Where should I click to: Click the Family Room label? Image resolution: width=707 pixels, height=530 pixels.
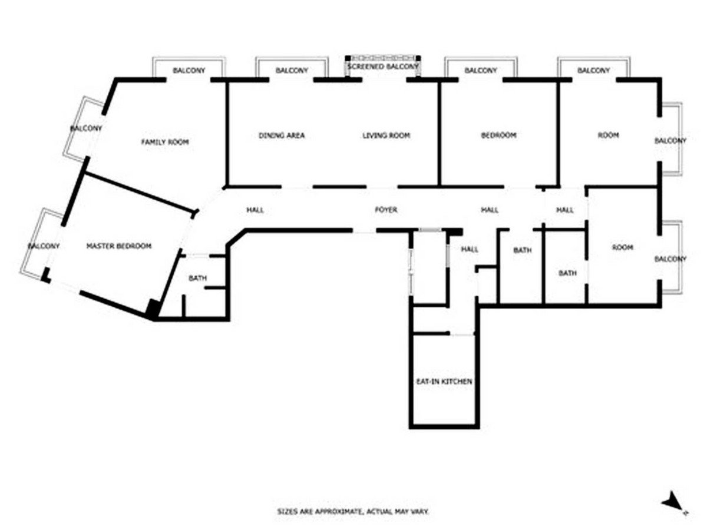[165, 142]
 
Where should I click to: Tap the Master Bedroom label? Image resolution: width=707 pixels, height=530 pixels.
[119, 246]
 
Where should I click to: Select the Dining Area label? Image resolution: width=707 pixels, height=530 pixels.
[282, 135]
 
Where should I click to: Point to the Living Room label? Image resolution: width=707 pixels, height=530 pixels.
[386, 135]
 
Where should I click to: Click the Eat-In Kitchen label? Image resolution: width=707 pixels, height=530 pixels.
[444, 382]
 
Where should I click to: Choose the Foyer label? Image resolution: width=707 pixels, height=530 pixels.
[386, 210]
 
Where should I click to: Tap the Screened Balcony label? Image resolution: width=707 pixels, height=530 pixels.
[383, 67]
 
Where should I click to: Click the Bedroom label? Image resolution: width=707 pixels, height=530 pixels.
[498, 135]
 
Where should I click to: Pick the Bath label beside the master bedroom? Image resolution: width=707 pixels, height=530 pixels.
[197, 278]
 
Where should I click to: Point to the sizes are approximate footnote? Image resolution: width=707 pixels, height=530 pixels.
[353, 511]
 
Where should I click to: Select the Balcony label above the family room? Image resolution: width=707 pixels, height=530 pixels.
[189, 70]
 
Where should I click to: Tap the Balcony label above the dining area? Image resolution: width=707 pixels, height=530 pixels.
[292, 70]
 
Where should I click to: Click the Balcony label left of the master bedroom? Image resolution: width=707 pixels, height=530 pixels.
[44, 246]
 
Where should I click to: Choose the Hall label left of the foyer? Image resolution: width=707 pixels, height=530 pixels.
[255, 210]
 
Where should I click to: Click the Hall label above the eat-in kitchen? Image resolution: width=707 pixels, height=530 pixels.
[470, 249]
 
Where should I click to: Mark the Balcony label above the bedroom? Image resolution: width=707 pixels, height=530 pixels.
[481, 70]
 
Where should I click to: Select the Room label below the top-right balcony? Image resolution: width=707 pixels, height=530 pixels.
[608, 135]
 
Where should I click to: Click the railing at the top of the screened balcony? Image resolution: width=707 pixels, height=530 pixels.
[382, 58]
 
